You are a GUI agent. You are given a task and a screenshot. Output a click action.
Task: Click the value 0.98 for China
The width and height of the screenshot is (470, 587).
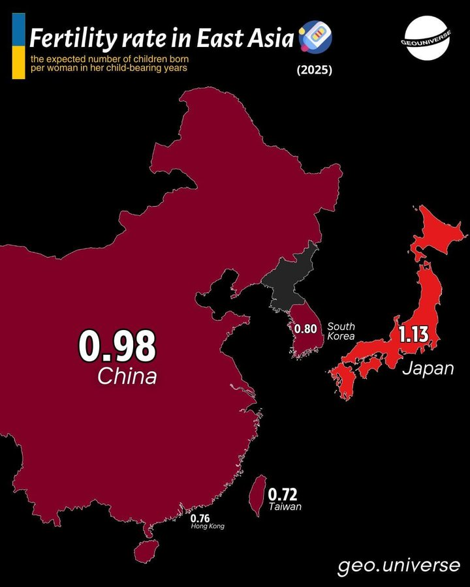tap(117, 346)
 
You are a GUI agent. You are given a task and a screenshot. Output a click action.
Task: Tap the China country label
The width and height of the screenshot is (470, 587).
tap(127, 376)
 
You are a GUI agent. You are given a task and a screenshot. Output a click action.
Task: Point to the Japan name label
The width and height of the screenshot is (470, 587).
tap(428, 369)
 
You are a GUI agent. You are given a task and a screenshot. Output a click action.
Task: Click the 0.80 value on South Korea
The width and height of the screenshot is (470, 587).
tap(305, 329)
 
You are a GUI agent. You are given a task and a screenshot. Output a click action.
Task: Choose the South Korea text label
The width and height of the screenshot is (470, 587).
tap(341, 331)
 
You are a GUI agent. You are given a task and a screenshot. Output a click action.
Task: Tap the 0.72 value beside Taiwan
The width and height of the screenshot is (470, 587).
tap(282, 494)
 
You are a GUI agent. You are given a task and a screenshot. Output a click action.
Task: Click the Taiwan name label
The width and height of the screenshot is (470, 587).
tap(285, 507)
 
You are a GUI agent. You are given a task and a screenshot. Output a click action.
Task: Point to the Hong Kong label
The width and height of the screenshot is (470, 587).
tap(207, 526)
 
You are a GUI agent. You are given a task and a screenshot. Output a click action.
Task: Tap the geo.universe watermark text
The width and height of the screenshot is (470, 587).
tap(399, 565)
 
